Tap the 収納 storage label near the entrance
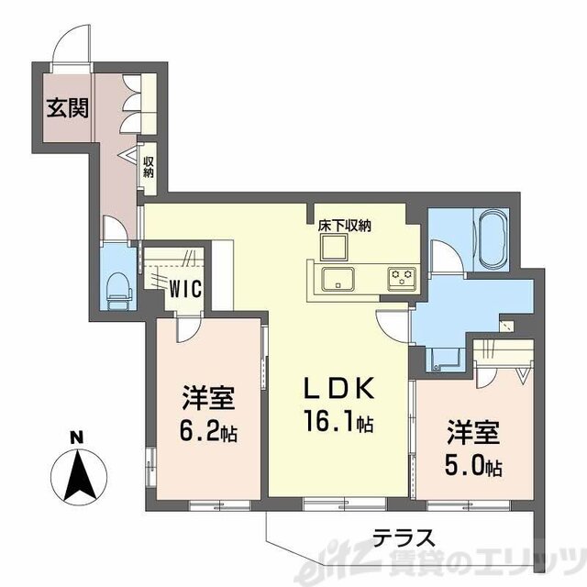pyautogui.click(x=148, y=168)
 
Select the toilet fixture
pyautogui.click(x=118, y=291)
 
